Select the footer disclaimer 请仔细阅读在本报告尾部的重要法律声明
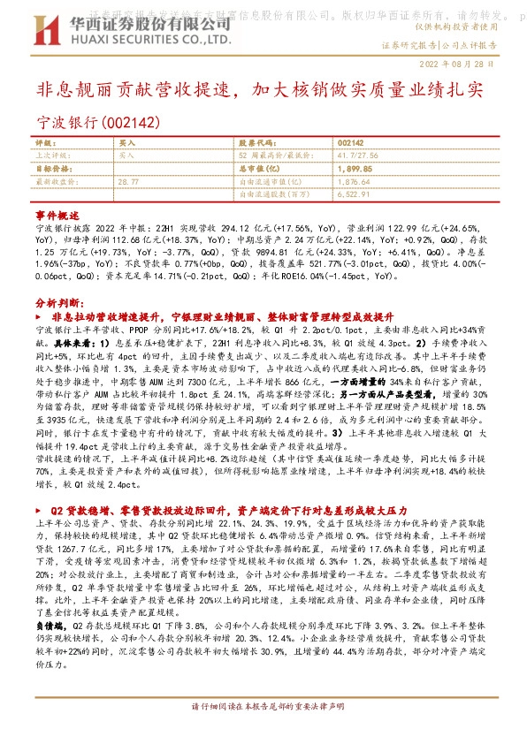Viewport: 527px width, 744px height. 263,733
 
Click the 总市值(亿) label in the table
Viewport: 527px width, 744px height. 262,167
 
